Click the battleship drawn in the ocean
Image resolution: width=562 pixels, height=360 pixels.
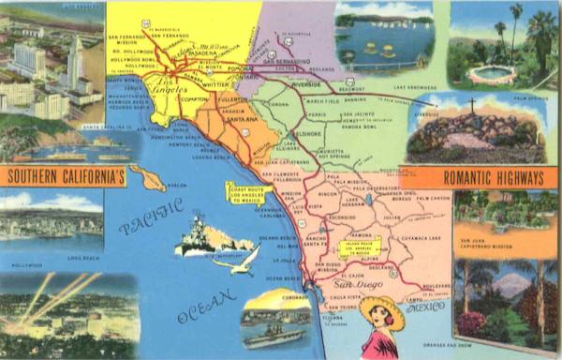click(198, 235)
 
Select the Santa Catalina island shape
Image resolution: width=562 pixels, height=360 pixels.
click(148, 177)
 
